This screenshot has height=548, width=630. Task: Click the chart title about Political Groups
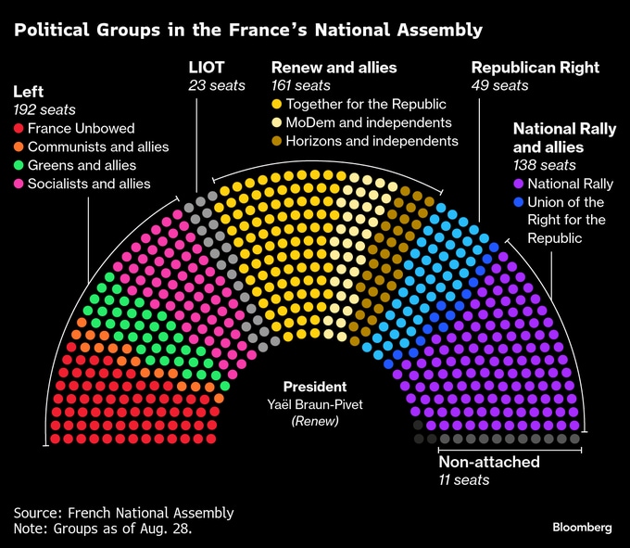(247, 30)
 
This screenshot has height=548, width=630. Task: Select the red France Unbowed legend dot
(19, 129)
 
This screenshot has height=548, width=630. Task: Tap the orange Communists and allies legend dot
(19, 147)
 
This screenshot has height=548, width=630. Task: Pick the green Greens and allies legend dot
(19, 166)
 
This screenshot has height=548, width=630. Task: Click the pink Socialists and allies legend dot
(19, 185)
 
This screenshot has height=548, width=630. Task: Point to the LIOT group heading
(207, 68)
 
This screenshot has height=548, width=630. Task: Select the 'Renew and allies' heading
(334, 68)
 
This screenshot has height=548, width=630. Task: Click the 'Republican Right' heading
(535, 68)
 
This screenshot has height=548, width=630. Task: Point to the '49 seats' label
(500, 86)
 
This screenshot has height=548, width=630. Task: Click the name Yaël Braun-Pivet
(315, 404)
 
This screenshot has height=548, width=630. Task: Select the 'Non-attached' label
(489, 462)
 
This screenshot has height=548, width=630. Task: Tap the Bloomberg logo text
(582, 527)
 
